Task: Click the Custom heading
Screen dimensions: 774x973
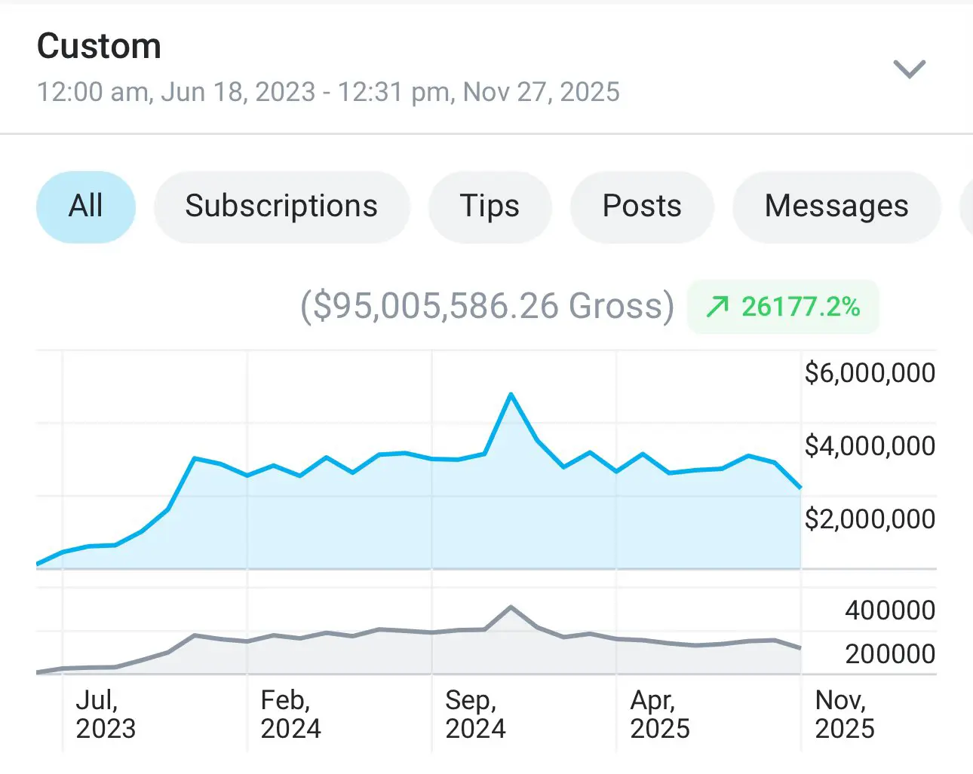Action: [x=99, y=47]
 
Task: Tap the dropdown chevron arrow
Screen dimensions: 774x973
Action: [x=909, y=69]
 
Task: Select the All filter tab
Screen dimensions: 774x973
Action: [x=86, y=207]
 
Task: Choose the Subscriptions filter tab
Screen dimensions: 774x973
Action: [x=281, y=207]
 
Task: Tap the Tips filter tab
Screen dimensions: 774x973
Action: [x=490, y=207]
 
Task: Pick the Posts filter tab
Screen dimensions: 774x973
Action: [x=642, y=207]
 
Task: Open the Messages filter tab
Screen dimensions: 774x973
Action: [x=836, y=207]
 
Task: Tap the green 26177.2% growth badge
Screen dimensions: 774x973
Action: [x=783, y=307]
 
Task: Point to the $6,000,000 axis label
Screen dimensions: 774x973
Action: [x=870, y=373]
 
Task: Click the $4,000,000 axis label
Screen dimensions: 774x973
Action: [x=870, y=446]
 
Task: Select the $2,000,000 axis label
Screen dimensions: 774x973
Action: [x=870, y=519]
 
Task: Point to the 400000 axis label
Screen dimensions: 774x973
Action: [x=890, y=610]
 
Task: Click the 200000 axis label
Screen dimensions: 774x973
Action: [x=890, y=654]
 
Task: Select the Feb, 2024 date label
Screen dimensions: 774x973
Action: [x=290, y=714]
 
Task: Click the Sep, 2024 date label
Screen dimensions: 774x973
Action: [x=475, y=714]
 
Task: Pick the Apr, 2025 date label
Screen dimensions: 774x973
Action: [x=660, y=714]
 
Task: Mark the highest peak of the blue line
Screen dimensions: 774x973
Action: [x=511, y=394]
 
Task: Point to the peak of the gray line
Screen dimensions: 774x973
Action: [x=511, y=607]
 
